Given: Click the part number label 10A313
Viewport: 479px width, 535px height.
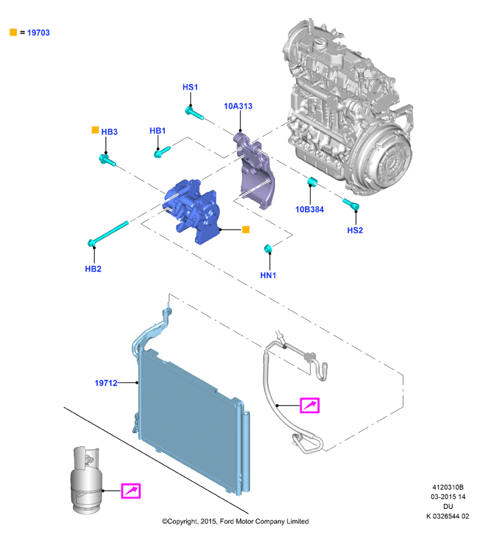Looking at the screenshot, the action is point(238,106).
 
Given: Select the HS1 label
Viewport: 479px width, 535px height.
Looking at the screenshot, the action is point(190,87).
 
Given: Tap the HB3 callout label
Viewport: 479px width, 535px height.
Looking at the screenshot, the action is point(109,132).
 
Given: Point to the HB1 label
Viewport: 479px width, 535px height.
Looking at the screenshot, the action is point(157,131).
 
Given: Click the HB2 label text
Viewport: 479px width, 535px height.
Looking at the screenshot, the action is point(93,269).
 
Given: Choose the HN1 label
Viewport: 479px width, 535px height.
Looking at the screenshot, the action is point(268,275).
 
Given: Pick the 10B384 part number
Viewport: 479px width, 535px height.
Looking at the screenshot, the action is point(309,210).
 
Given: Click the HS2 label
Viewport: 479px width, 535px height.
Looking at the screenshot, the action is point(355,230).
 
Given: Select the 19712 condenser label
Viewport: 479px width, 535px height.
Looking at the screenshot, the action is point(106,383).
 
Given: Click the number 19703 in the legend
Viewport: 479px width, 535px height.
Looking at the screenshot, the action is point(38,33).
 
